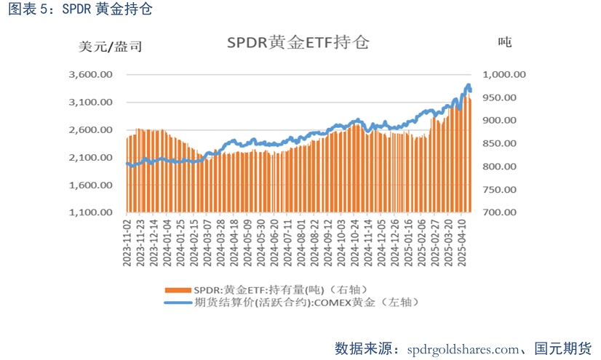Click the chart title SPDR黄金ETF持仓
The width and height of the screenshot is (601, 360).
[298, 42]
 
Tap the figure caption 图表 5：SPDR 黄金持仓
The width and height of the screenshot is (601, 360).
[81, 9]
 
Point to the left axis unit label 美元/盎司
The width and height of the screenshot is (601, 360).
[110, 47]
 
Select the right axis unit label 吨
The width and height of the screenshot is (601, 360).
[504, 42]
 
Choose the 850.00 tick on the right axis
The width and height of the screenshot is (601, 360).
[499, 144]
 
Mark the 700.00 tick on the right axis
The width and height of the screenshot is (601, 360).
[499, 213]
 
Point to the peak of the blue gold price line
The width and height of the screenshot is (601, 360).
[468, 85]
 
